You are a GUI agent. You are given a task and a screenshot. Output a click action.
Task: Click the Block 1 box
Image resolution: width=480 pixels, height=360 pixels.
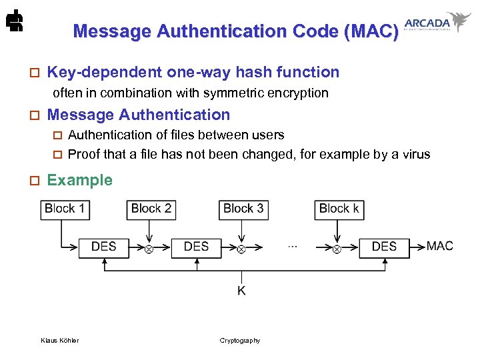coord(65,209)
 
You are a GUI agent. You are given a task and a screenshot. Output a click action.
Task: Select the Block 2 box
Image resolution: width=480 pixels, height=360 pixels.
coord(151,209)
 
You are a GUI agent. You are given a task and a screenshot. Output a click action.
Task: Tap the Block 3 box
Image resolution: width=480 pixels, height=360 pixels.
coord(243,209)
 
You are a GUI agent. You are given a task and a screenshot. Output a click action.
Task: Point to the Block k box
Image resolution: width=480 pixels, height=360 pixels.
coord(339,209)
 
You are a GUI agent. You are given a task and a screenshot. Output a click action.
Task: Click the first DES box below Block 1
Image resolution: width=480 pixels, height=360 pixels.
coord(103,247)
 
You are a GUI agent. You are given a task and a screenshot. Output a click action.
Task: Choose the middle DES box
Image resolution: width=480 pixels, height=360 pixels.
coord(196,247)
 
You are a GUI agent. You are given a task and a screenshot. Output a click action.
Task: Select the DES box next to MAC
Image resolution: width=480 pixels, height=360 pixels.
coord(384,247)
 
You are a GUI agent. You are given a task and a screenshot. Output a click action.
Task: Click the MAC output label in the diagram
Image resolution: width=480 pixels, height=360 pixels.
coord(440,246)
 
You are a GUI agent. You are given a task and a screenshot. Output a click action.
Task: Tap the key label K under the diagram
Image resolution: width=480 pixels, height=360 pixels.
coord(241,291)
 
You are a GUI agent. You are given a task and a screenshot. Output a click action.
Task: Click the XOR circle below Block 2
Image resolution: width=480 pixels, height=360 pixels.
coord(149,249)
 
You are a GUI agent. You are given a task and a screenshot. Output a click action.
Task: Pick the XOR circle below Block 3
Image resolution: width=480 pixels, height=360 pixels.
coord(241,249)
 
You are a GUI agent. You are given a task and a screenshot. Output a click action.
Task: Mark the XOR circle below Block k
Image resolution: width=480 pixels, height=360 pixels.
coord(337,249)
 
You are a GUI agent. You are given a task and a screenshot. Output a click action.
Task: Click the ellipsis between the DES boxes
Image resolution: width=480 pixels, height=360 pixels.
coord(292,246)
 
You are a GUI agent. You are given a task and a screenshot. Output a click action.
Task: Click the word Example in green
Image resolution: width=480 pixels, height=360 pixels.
coord(79,180)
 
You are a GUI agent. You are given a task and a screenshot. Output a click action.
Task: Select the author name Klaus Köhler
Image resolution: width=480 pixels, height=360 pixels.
coord(59,341)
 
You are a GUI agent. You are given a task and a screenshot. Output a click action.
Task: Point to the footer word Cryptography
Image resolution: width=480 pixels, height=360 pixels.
coord(240,341)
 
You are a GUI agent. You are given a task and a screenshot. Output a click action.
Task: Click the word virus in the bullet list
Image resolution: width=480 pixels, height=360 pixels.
coord(414,155)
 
